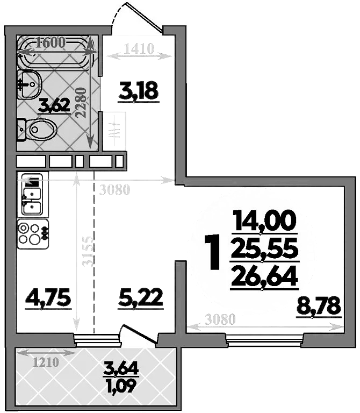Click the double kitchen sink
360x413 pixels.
[32, 196]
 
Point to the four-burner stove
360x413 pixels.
[33, 233]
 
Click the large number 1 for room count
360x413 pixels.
[213, 252]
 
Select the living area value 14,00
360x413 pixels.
[264, 220]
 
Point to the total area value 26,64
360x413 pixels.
[264, 277]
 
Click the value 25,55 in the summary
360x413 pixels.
[264, 248]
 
